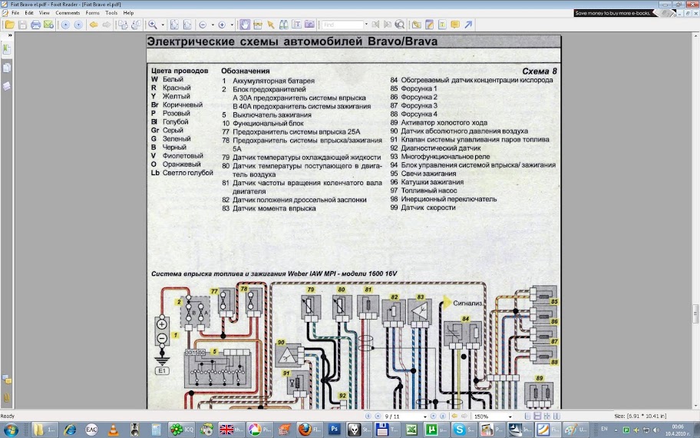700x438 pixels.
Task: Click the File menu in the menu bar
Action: pyautogui.click(x=15, y=13)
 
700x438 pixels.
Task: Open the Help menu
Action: pyautogui.click(x=128, y=13)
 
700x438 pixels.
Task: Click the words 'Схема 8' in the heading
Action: pyautogui.click(x=534, y=71)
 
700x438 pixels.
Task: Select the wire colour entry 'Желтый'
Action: pyautogui.click(x=177, y=96)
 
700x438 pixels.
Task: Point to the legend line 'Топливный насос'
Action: pyautogui.click(x=430, y=191)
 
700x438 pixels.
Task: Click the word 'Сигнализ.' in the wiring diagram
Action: pyautogui.click(x=467, y=304)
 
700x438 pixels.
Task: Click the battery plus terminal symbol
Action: pyautogui.click(x=162, y=324)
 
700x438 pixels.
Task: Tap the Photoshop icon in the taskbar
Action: pyautogui.click(x=334, y=429)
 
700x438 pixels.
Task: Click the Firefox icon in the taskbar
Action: pyautogui.click(x=305, y=429)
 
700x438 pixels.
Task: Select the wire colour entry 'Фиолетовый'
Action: pyautogui.click(x=182, y=155)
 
